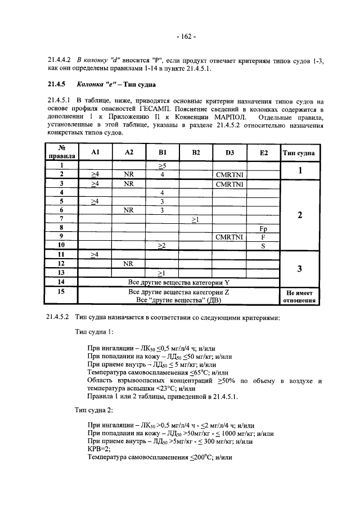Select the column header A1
point(95,152)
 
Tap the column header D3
point(229,152)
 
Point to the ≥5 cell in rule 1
point(162,166)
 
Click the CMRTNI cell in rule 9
point(229,237)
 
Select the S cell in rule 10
point(263,246)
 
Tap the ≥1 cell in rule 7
point(196,219)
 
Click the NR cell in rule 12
point(129,263)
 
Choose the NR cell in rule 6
point(129,210)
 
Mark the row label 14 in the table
point(61,282)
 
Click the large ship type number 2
point(300,214)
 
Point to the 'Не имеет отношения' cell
point(300,296)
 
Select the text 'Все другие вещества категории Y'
point(179,282)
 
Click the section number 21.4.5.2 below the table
point(58,317)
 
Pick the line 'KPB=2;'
point(99,450)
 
